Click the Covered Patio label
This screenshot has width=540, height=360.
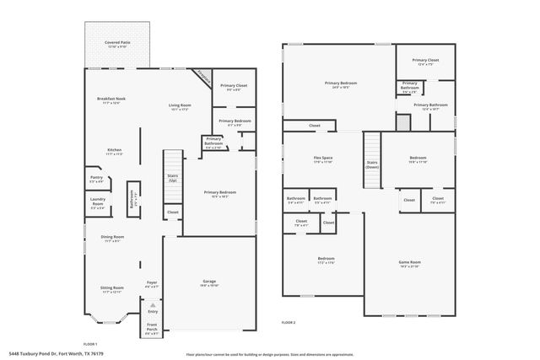click(116, 41)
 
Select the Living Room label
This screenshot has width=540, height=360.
click(179, 105)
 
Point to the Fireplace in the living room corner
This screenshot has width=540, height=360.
click(202, 75)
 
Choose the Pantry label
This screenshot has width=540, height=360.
click(96, 178)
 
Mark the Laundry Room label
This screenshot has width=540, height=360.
click(98, 201)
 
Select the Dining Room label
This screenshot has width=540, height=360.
click(113, 238)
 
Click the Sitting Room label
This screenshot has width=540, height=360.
click(112, 288)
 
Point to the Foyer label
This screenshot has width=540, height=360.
click(152, 282)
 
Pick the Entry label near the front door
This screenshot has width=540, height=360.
click(153, 310)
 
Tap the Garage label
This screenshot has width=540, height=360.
click(208, 281)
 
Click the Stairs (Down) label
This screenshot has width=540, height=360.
click(371, 164)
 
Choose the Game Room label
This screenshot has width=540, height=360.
click(409, 262)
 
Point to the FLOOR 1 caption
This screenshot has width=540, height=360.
click(90, 344)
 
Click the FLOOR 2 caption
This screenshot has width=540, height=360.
click(289, 323)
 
